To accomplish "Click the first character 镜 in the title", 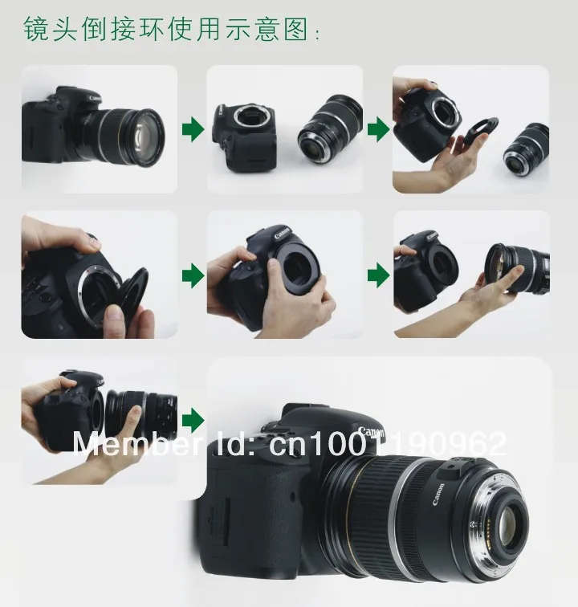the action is [x=35, y=29].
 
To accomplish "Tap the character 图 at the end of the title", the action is [x=295, y=29].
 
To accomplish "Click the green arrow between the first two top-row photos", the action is [x=193, y=130].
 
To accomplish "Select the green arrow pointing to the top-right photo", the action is [x=378, y=130].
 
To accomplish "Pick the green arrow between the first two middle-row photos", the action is [x=193, y=275].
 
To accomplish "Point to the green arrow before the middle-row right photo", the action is [x=378, y=275].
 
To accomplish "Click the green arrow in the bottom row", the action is [x=193, y=421].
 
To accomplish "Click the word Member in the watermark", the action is [x=136, y=443].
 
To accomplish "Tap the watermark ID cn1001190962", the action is [x=387, y=444].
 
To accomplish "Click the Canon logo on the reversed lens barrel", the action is [x=438, y=495].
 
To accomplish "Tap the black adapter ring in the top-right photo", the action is [x=479, y=133].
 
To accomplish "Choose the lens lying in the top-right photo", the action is [x=527, y=149].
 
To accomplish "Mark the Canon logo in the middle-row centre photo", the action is [x=282, y=234].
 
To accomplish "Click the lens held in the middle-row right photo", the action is [x=517, y=268].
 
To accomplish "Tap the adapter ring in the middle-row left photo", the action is [x=133, y=295].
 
